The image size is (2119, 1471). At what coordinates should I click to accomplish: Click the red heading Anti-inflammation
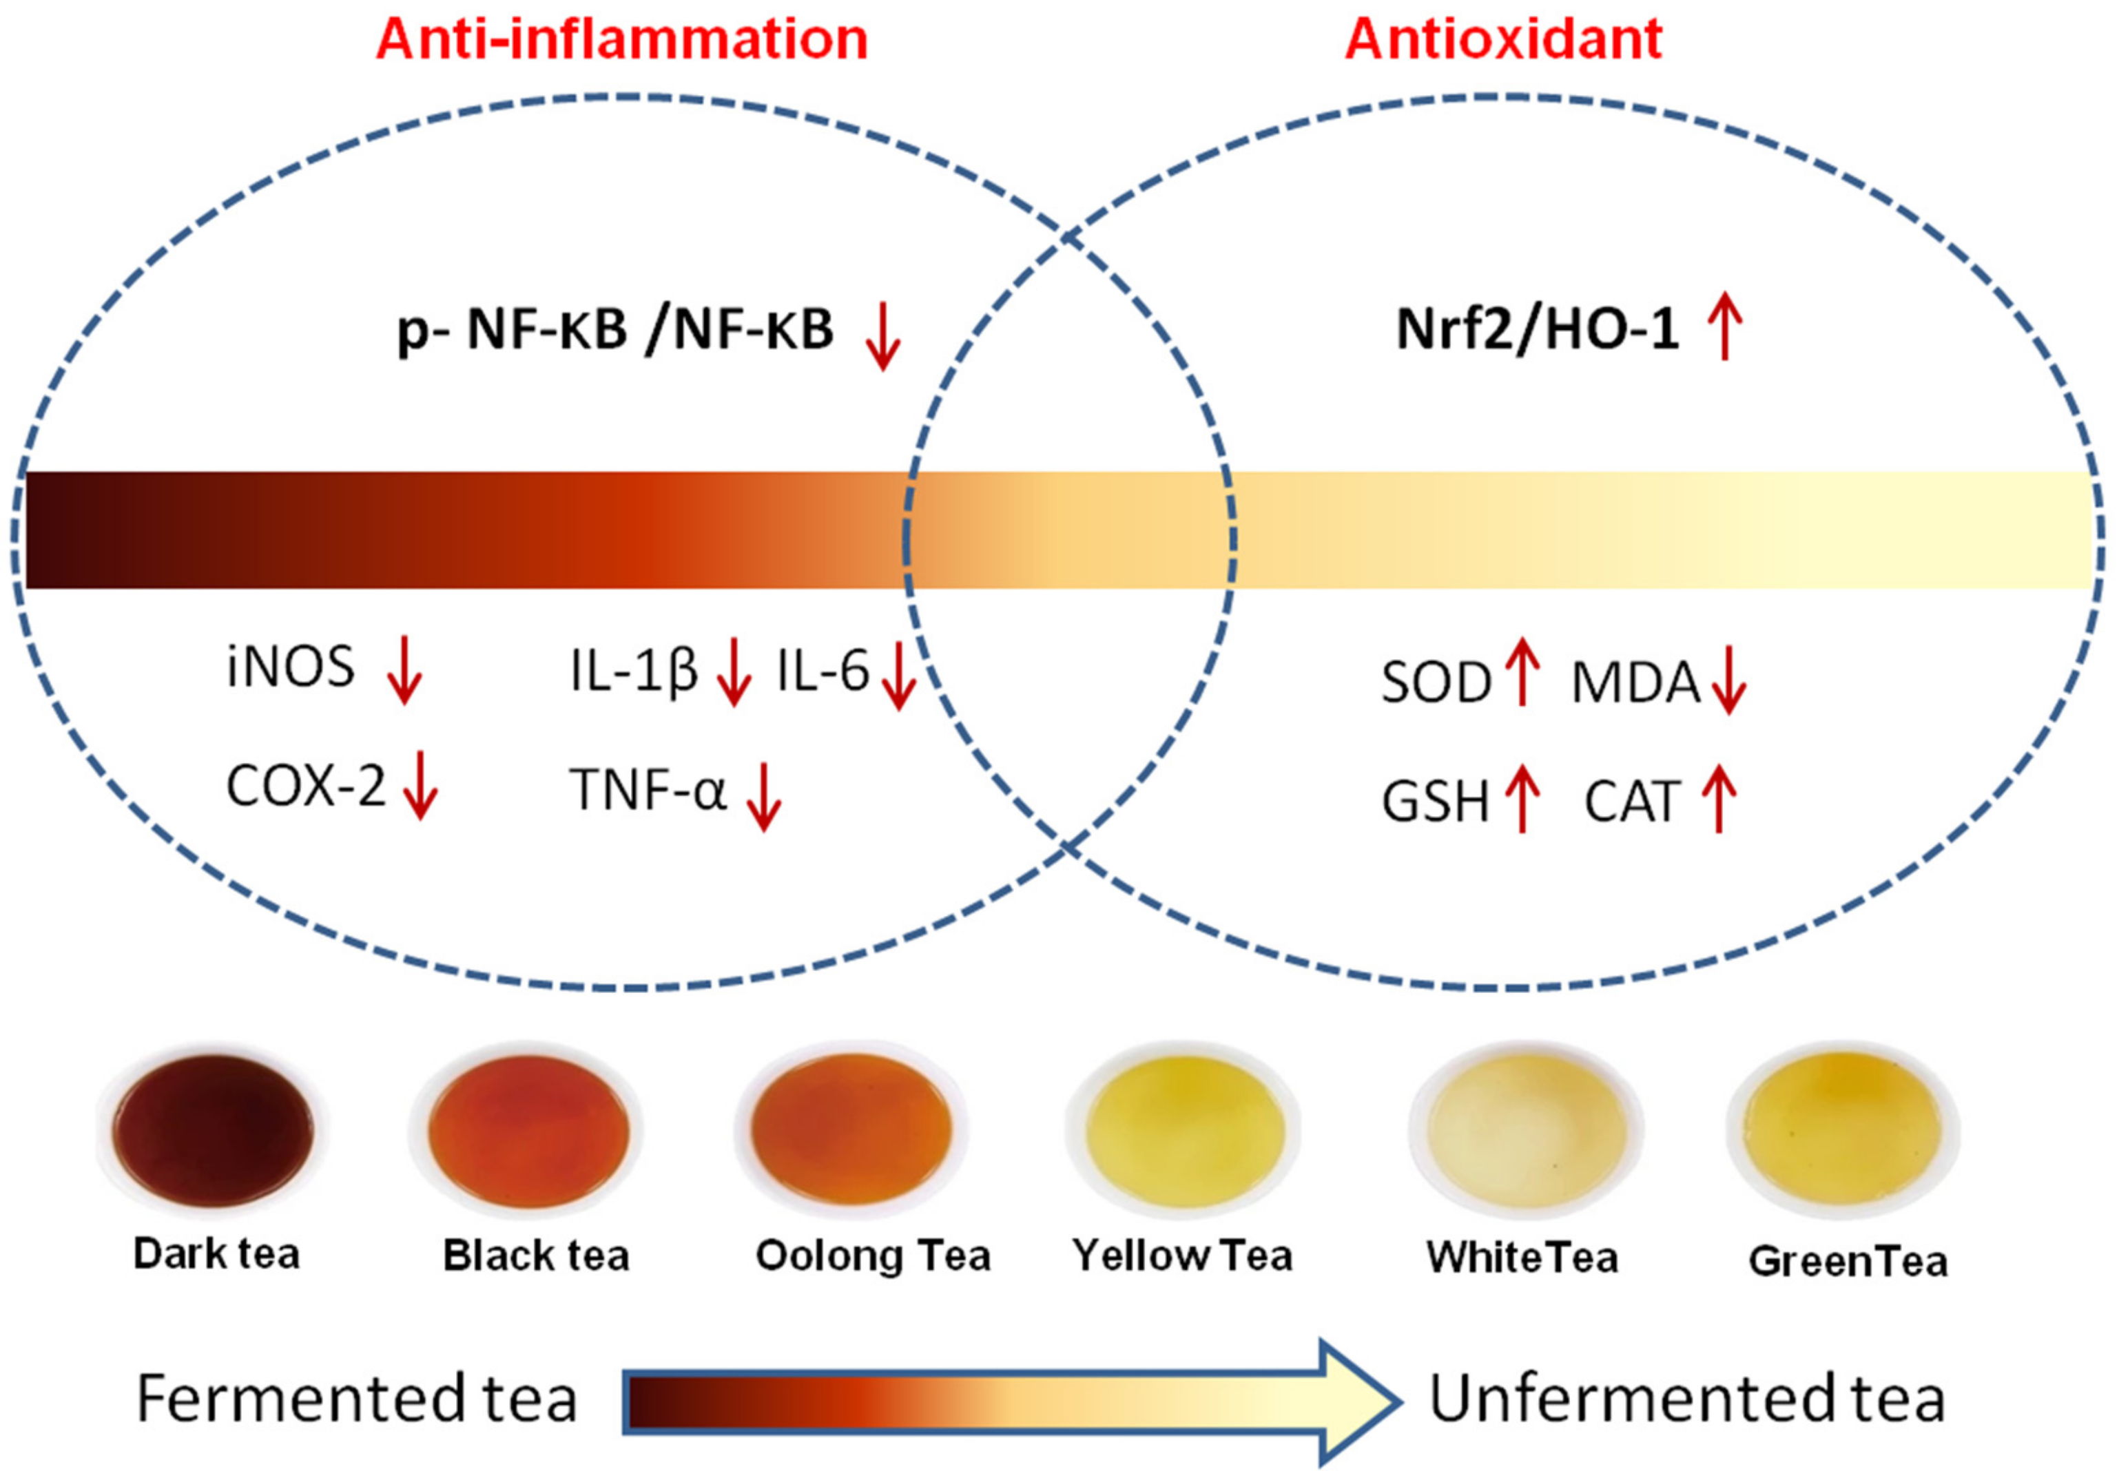(621, 40)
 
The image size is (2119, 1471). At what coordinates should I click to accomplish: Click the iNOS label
(290, 667)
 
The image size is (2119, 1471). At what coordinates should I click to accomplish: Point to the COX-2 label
(305, 787)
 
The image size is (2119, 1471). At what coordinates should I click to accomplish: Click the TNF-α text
(648, 791)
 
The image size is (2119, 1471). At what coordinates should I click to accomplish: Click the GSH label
(1434, 802)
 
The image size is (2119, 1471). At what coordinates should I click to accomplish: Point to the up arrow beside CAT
(1719, 800)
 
